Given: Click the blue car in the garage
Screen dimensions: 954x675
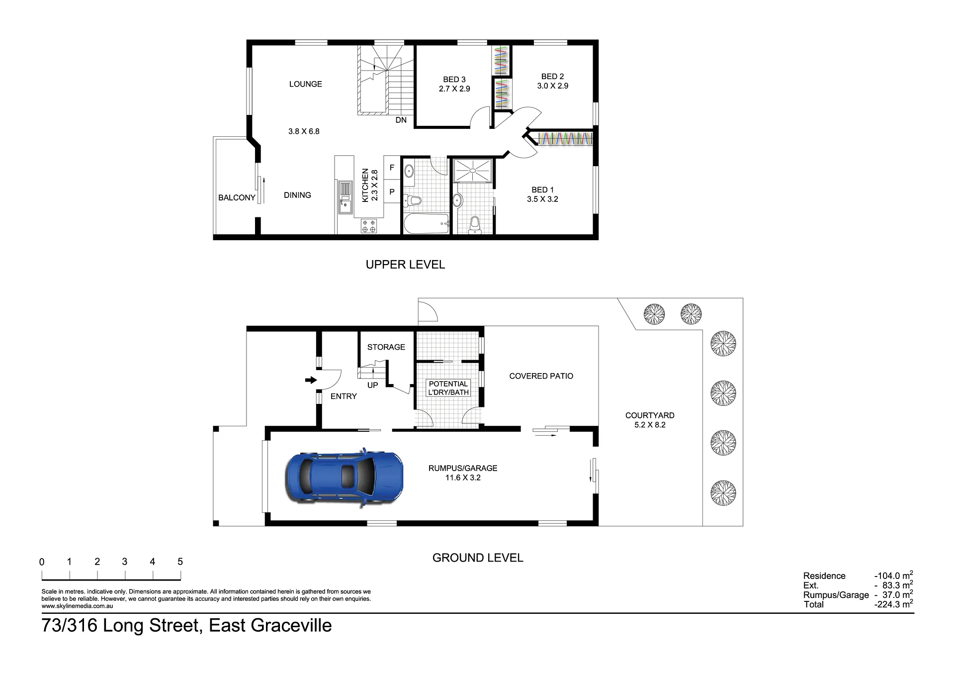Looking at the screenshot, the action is pos(344,478).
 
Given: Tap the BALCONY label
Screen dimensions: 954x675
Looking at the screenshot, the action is pos(237,197).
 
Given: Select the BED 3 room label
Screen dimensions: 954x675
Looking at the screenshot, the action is pos(454,80).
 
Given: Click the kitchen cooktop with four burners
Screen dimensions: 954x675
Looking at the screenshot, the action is pos(369,226).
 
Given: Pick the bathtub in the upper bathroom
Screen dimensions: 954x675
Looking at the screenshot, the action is pos(427,224).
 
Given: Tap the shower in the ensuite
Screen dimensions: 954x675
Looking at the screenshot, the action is pos(472,170).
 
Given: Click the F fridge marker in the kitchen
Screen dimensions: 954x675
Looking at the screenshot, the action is pos(392,168).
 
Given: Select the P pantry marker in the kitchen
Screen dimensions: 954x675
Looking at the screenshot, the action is pos(392,192).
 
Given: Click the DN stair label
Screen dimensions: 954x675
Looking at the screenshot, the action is pos(401,120).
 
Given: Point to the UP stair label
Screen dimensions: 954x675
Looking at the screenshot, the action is pos(373,386).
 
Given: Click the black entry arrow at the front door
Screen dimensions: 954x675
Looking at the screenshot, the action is pos(311,380).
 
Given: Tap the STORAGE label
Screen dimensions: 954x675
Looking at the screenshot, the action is pos(386,347).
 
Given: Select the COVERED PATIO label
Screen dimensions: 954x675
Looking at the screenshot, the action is pos(541,376).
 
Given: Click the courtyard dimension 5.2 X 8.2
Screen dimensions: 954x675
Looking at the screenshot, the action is pos(650,425).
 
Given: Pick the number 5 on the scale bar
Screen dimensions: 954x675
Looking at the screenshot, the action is pos(180,562).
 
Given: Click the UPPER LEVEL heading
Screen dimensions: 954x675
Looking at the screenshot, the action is pos(405,265).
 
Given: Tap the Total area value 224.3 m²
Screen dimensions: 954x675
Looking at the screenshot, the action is pos(894,604).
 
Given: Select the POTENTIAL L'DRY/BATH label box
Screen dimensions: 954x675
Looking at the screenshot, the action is pos(448,388).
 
